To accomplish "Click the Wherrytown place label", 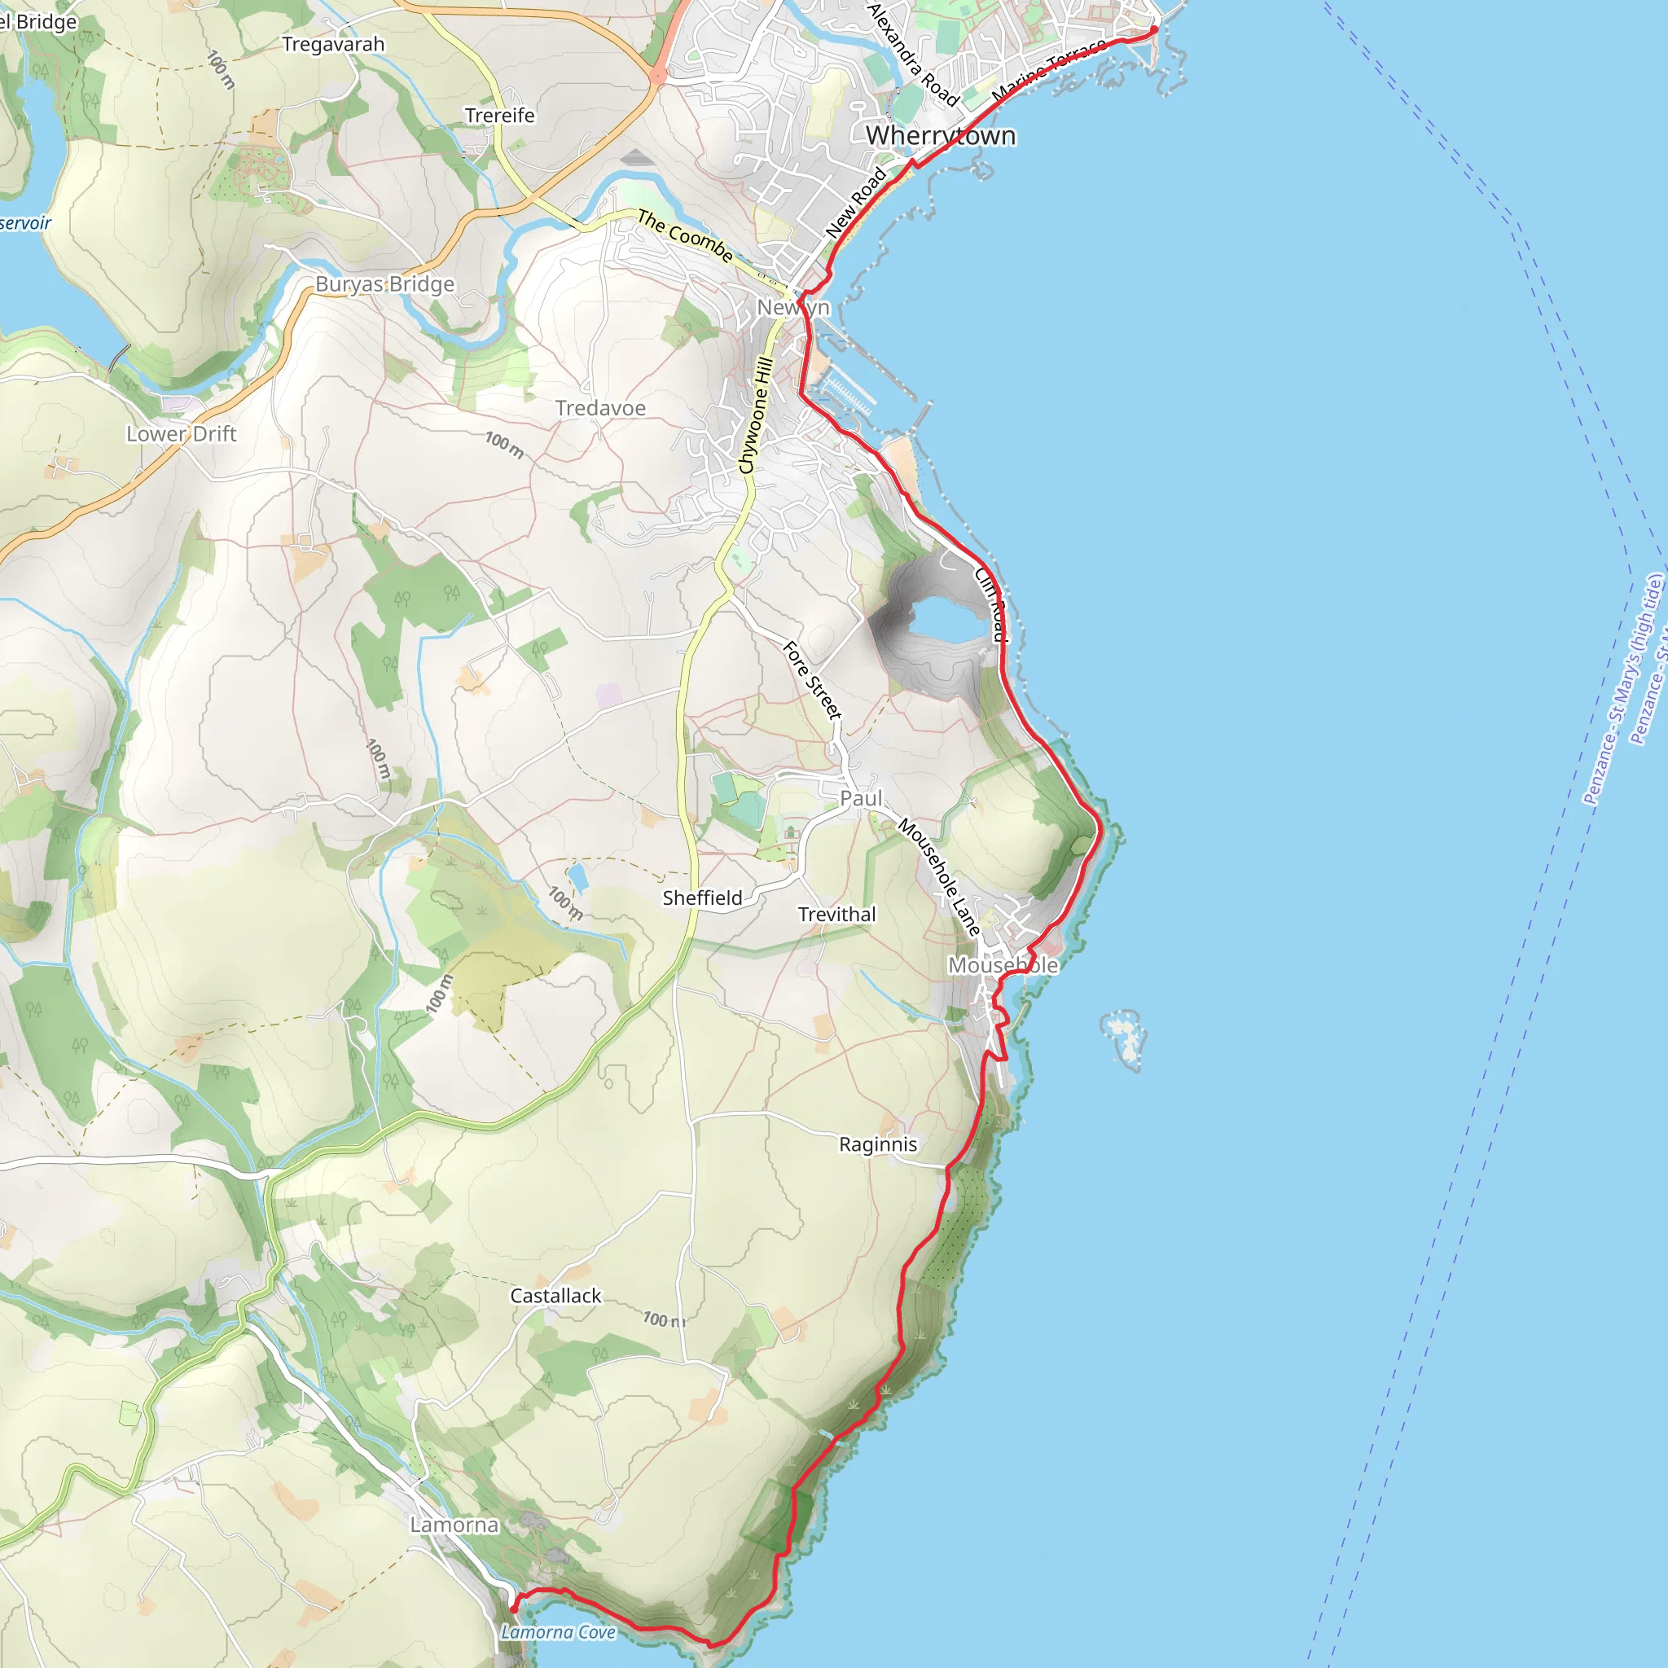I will coord(940,135).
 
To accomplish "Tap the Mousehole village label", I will coord(1003,965).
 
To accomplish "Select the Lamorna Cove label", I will coord(558,1631).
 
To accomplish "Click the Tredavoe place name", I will coord(600,408).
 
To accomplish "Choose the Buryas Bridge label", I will coord(384,284).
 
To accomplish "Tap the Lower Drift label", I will coord(181,433).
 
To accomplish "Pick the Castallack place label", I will coord(555,1296).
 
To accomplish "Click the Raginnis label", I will coord(877,1144).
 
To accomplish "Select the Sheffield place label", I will coord(702,898).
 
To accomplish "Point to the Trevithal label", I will coord(836,915).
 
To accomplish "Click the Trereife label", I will coord(499,116).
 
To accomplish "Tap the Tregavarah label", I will coord(332,44).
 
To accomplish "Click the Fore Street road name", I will coord(810,680).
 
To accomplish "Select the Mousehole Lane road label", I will coord(939,877).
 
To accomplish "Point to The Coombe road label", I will coord(686,235).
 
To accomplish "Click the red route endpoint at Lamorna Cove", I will coord(515,1609).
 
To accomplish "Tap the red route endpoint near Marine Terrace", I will coord(1153,30).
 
